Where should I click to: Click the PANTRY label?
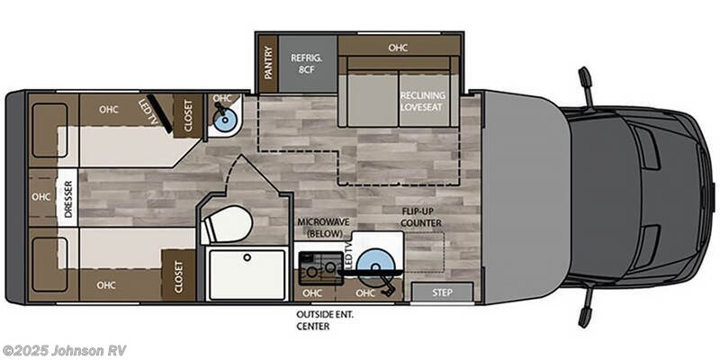(x=268, y=63)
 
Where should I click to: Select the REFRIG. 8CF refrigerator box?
(x=307, y=63)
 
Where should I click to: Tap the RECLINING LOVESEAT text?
(x=422, y=101)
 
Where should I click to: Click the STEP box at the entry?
(x=442, y=292)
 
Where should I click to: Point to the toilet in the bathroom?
(x=228, y=224)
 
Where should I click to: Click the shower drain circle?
(x=247, y=257)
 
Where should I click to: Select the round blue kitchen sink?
(x=375, y=265)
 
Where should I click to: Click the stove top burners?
(x=320, y=268)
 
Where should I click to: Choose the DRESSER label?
(x=68, y=199)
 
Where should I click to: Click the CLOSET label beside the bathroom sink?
(x=188, y=115)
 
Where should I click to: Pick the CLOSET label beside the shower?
(x=178, y=277)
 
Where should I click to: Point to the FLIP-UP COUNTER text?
(x=421, y=217)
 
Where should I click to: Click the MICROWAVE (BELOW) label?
(x=323, y=228)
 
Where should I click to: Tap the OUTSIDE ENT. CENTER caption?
(x=327, y=320)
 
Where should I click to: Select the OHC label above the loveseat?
(x=398, y=48)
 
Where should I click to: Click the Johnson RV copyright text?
(x=64, y=351)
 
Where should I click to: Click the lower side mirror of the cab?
(x=587, y=308)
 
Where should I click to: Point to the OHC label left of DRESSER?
(x=40, y=196)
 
